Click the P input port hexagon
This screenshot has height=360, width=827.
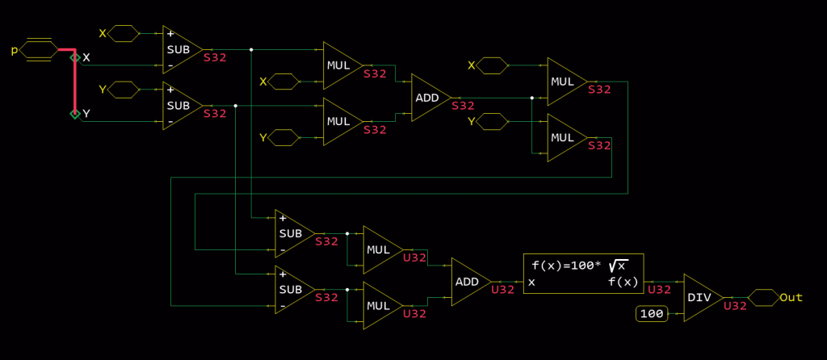tap(39, 50)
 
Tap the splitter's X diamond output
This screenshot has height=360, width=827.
tap(75, 57)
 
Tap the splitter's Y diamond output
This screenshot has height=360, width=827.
tap(75, 114)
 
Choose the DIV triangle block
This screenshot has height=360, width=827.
tap(699, 297)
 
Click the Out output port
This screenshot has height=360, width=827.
tap(763, 297)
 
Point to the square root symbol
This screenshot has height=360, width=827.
tap(618, 265)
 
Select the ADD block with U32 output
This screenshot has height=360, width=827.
tap(467, 282)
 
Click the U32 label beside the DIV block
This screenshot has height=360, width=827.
tap(736, 306)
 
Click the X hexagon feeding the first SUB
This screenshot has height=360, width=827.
tap(124, 33)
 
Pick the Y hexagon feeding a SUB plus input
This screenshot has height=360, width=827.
tap(124, 89)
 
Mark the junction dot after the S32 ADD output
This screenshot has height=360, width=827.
tap(532, 98)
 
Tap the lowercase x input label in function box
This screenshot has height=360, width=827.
tap(532, 282)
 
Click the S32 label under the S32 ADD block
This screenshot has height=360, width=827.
tap(464, 106)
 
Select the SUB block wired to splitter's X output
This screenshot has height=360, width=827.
tap(180, 49)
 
